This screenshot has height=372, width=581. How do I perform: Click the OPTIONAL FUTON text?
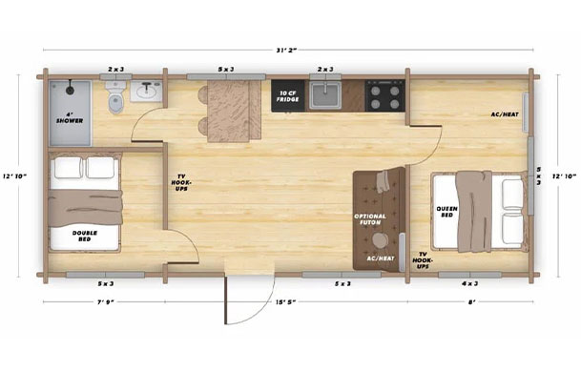[x=369, y=218]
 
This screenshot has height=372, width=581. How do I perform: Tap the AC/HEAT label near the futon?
[x=380, y=258]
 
